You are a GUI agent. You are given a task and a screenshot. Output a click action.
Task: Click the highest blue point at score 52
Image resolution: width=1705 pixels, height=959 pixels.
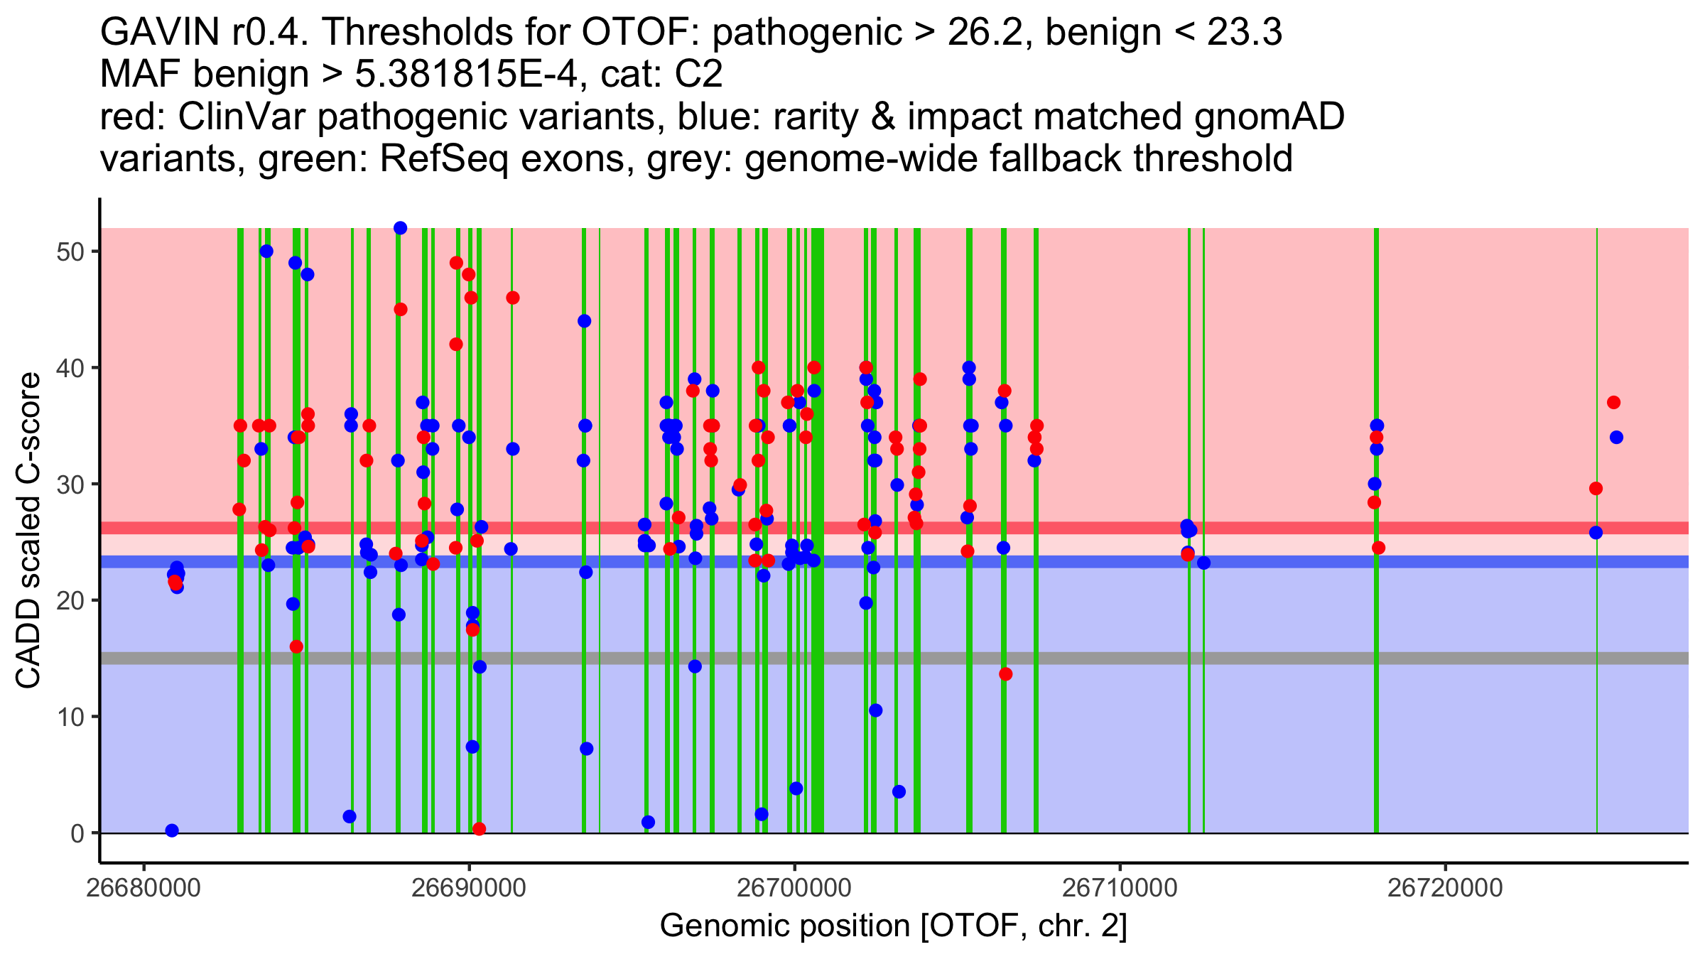400,228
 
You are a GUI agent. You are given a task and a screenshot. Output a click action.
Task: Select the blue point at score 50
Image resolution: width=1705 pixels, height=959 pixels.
266,251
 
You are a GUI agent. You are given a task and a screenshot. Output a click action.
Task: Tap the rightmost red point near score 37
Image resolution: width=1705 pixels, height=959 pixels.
1613,403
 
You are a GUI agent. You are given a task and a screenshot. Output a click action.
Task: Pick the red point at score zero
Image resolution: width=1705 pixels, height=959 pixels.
479,829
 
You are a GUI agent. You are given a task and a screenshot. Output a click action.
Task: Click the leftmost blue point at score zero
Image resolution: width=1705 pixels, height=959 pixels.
172,830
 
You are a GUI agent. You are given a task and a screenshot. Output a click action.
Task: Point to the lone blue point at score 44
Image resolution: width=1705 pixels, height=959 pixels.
584,321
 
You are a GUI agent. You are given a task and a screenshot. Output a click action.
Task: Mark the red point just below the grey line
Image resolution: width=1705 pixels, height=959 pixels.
1005,674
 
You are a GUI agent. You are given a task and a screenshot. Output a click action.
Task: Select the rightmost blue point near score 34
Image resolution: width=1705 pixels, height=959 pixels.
1616,438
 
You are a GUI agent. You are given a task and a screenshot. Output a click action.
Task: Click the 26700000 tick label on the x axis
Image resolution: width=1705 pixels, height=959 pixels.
794,888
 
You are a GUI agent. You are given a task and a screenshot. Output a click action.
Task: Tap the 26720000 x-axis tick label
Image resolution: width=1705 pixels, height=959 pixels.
1445,888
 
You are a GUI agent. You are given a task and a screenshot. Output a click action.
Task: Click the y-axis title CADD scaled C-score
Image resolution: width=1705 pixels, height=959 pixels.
28,531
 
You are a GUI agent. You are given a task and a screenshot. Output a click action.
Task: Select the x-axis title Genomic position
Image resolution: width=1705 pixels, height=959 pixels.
893,926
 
